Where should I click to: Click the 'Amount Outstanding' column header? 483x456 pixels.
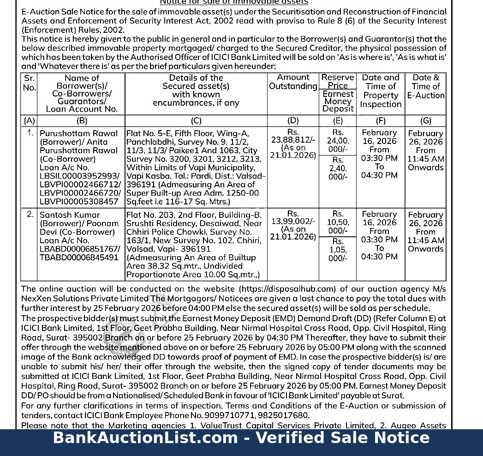point(293,82)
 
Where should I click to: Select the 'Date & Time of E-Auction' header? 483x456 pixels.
point(426,86)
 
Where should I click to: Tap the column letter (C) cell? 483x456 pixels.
point(196,121)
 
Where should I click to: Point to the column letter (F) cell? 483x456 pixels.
point(381,121)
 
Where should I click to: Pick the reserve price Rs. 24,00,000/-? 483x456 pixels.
point(338,141)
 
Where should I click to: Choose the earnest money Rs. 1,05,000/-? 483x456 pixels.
point(338,250)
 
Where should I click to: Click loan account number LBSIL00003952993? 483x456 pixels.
point(80,176)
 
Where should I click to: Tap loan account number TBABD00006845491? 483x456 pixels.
point(79,258)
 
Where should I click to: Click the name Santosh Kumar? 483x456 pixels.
point(70,215)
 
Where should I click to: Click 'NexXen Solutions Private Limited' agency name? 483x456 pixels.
point(84,299)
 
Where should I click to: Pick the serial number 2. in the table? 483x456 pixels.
point(30,214)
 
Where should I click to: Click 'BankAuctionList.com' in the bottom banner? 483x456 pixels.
point(145,438)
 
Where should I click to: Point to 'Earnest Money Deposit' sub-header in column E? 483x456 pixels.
point(338,102)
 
